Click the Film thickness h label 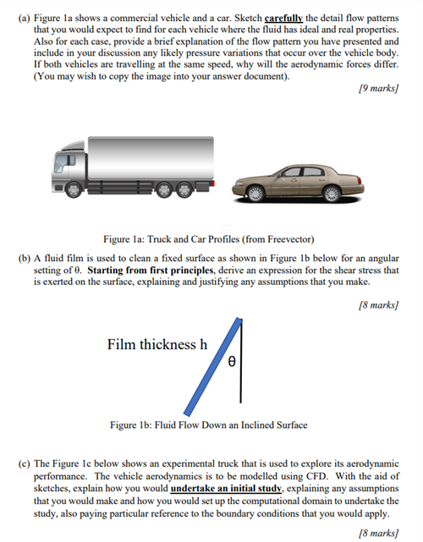point(157,344)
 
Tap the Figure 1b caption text point(209,424)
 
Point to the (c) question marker point(25,465)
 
